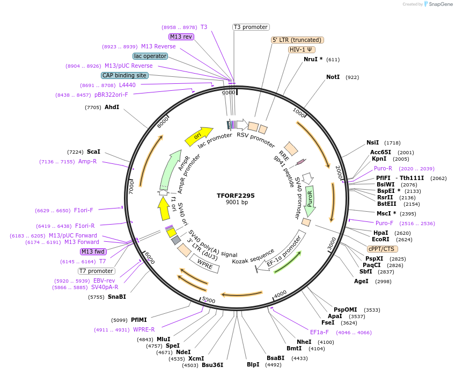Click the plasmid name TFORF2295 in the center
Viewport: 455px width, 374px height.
236,196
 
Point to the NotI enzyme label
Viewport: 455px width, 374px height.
333,77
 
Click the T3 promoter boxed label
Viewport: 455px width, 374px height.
251,27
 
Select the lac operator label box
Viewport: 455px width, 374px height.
150,56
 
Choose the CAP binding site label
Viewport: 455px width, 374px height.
124,76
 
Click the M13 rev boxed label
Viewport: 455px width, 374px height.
181,37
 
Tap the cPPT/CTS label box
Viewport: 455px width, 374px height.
381,249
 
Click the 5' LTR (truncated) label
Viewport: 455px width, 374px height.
297,40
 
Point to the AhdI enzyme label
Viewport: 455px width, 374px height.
112,107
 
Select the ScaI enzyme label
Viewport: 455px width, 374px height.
93,152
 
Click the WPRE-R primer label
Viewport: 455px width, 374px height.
144,330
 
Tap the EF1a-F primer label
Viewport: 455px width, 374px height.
319,332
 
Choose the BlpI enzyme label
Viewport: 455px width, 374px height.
253,364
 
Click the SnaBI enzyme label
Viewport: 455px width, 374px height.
116,297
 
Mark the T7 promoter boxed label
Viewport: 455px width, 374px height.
96,271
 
